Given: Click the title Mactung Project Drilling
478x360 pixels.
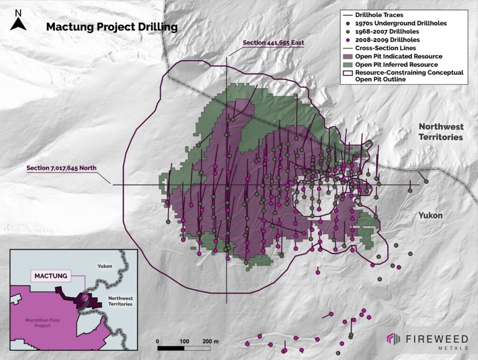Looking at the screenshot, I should (x=112, y=27).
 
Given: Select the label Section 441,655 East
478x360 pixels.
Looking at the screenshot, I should (x=274, y=43).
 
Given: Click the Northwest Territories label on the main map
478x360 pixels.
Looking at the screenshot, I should (x=441, y=132).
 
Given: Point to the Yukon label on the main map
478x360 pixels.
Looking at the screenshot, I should (x=429, y=215).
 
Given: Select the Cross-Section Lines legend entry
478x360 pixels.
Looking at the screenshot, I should (x=386, y=48).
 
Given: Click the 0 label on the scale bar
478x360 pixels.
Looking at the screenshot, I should (x=158, y=341).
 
